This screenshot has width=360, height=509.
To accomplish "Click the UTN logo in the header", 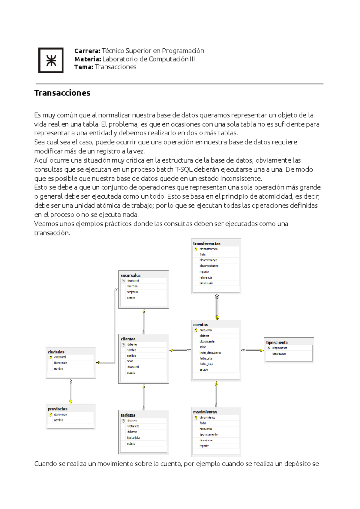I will pos(51,60).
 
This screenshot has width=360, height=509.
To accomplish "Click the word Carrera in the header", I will pos(87,51).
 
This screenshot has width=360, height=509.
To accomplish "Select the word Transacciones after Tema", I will pos(115,67).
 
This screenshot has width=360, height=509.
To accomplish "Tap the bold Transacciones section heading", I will pos(62,93).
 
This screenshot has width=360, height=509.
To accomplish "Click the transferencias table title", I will pos(207,244).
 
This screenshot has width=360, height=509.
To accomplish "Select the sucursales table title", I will pos(130,275).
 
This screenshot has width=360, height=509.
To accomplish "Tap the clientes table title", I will pos(128,339).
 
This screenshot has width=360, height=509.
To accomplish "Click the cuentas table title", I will pos(200,325).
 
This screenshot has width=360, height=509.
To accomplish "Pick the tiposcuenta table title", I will pos(277,342).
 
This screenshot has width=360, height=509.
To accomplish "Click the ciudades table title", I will pos(56,352).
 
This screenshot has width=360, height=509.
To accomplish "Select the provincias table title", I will pos(58,409).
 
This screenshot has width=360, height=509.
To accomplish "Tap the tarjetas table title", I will pos(128,415).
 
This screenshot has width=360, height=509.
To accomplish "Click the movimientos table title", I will pos(205,412).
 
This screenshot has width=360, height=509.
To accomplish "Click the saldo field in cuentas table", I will pos(203,347).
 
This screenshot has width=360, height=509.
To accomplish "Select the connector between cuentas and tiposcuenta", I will pos(253,350).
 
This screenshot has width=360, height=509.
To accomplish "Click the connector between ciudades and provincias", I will pos(71,391).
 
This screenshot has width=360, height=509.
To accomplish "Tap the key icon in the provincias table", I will pos(51,415).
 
